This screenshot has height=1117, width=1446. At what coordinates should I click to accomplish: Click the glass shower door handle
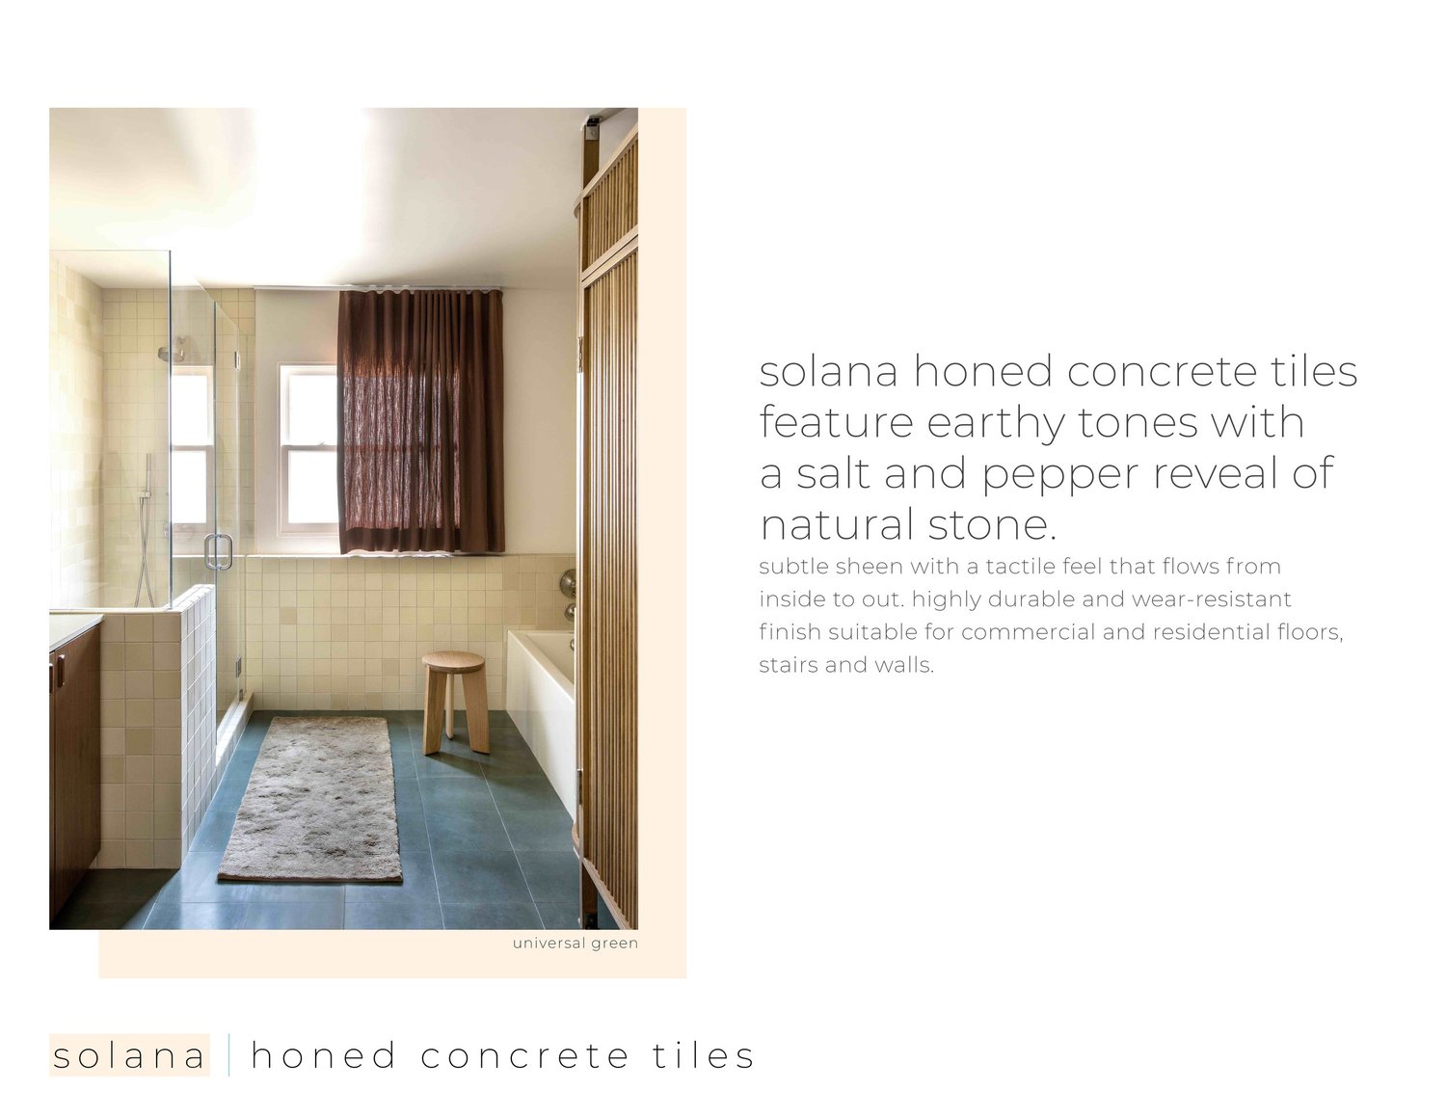(218, 551)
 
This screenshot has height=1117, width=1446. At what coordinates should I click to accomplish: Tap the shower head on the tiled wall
(174, 354)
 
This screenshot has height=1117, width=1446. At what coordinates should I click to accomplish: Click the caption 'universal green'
(575, 943)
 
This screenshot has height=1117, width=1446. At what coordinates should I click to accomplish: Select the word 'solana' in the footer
(129, 1055)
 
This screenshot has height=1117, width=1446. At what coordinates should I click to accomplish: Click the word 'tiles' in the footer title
(704, 1055)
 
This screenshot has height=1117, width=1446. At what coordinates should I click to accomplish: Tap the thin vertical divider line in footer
(229, 1055)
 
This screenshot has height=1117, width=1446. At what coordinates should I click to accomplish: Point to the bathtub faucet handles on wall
(569, 593)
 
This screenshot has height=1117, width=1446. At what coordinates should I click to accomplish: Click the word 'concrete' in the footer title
(525, 1055)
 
